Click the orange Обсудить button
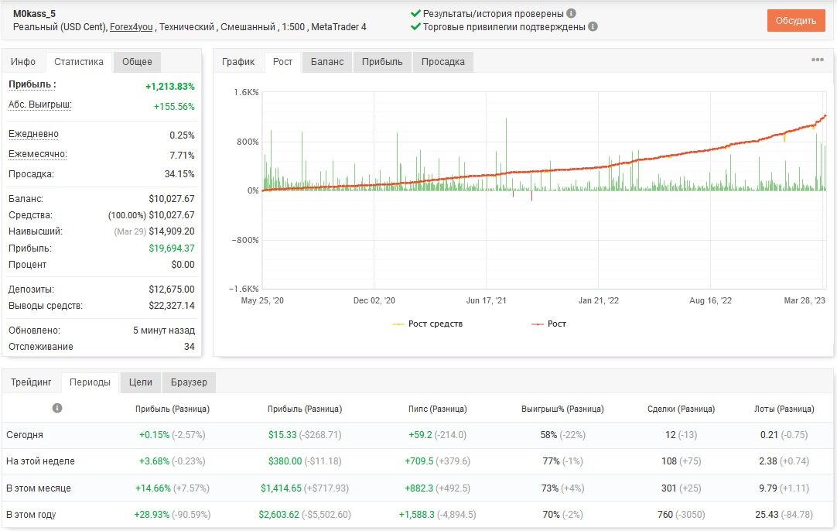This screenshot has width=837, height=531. click(796, 21)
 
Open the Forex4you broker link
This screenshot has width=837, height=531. click(132, 27)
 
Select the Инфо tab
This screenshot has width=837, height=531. click(23, 62)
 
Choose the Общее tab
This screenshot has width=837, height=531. click(137, 62)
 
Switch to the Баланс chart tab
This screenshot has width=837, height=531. click(327, 62)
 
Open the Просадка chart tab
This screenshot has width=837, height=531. click(443, 62)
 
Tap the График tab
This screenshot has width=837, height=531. click(238, 62)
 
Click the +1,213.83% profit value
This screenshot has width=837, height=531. click(169, 87)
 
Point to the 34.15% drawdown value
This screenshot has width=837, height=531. click(179, 174)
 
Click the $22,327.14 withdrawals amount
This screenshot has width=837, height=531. click(172, 306)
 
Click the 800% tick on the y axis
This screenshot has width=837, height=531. click(248, 142)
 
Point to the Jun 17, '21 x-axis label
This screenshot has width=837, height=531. click(487, 301)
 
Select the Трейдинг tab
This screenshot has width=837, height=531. click(31, 382)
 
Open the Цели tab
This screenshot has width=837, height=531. click(140, 382)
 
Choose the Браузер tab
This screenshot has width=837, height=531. click(189, 382)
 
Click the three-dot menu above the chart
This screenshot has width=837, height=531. click(817, 60)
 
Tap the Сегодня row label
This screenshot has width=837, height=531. click(25, 435)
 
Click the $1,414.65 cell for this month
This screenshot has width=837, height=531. click(282, 488)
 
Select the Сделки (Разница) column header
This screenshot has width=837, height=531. click(682, 409)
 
